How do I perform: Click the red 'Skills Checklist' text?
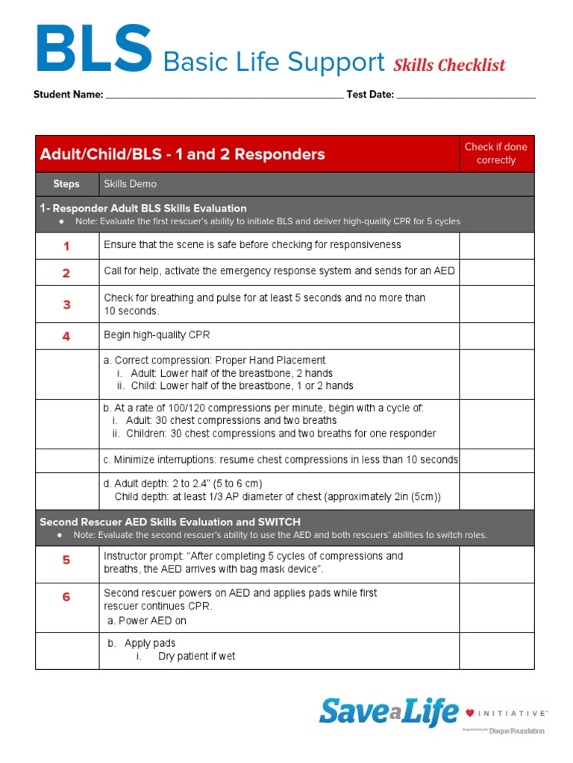[x=449, y=65]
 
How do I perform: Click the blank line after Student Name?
[x=225, y=95]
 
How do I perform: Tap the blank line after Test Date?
[x=466, y=95]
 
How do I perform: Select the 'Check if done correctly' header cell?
[x=495, y=153]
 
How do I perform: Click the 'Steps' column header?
[x=66, y=184]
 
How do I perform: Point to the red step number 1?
[x=66, y=246]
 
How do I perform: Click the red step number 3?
[x=66, y=305]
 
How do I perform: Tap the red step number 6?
[x=66, y=597]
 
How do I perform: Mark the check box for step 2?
[x=495, y=273]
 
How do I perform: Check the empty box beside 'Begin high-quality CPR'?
[x=495, y=336]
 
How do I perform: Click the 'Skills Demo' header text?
[x=130, y=184]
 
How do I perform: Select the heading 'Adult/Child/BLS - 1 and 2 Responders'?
[x=183, y=154]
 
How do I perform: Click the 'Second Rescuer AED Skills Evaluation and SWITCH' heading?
[x=170, y=522]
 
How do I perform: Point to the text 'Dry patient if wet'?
[x=196, y=656]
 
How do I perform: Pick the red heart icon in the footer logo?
[x=469, y=713]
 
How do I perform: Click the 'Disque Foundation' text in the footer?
[x=517, y=731]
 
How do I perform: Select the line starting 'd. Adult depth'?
[x=183, y=484]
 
